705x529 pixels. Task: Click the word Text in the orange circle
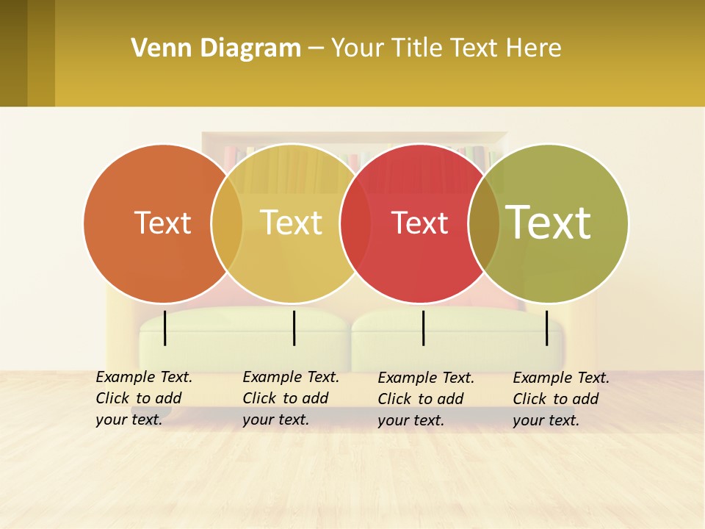[162, 223]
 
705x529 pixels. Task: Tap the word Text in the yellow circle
[291, 223]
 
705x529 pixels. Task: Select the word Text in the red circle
[419, 223]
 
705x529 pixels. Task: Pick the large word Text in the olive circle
[548, 222]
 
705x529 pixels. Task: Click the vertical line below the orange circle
[165, 328]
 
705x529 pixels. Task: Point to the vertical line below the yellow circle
[294, 328]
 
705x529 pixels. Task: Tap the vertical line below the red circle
[423, 328]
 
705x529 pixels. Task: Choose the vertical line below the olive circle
[547, 328]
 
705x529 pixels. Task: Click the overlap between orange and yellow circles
[227, 223]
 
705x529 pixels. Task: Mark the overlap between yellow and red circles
[355, 223]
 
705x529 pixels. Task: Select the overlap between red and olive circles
[484, 223]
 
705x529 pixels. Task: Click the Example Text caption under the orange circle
[143, 398]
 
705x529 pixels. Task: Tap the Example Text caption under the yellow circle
[290, 398]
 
